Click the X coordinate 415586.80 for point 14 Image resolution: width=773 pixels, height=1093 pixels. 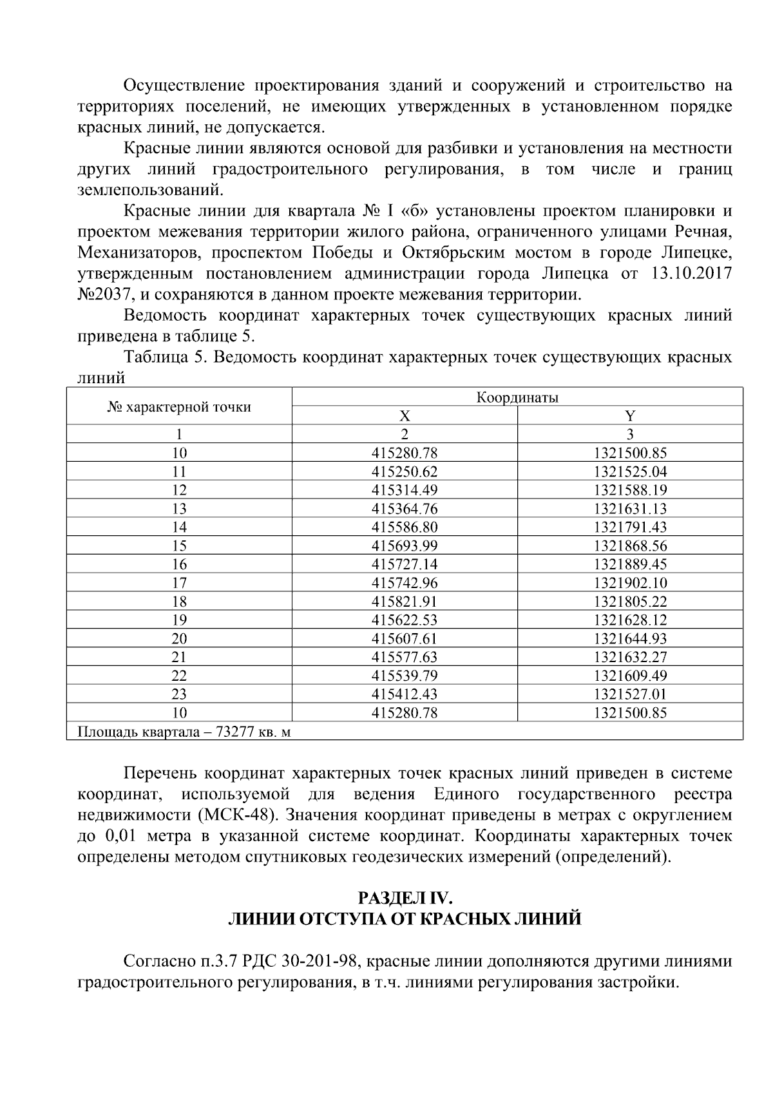pos(405,527)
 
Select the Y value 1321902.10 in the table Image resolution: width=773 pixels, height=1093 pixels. pos(630,583)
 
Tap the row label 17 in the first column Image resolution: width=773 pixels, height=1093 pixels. pos(179,583)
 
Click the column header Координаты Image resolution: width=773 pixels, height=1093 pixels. pos(517,397)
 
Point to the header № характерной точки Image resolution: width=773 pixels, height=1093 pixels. pos(179,407)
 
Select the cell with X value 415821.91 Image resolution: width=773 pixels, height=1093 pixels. pos(405,602)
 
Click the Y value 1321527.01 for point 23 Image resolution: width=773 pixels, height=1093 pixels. pos(630,694)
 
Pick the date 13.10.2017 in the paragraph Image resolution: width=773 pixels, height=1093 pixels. pos(691,274)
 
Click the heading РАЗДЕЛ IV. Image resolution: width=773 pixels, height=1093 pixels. pos(406,897)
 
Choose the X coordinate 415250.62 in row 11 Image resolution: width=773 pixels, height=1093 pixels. pos(405,471)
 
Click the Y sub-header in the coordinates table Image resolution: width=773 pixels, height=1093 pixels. pos(630,416)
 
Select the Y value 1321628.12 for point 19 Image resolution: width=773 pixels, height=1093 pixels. pos(630,620)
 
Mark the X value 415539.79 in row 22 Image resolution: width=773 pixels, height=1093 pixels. pos(405,676)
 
